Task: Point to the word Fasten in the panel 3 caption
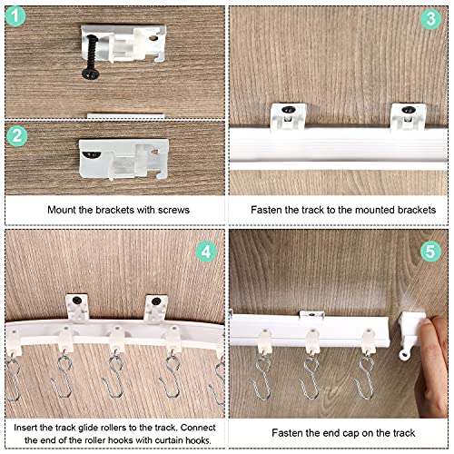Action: click(270, 210)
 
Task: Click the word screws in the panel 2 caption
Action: click(172, 210)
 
